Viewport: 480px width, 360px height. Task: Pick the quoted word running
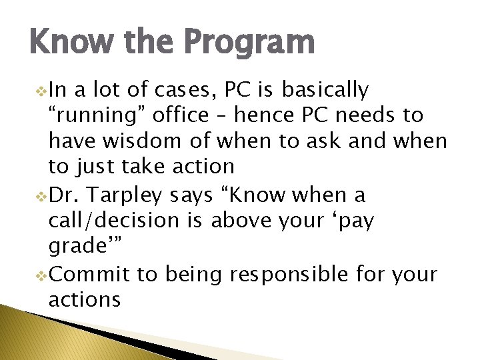coord(97,116)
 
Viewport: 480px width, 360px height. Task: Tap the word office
coord(181,116)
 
